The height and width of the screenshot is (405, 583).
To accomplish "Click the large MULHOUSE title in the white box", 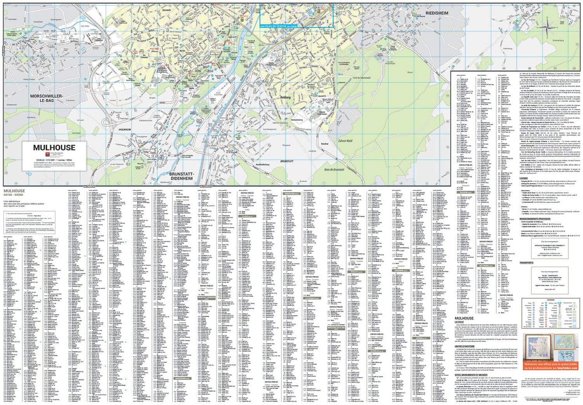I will pos(54,147).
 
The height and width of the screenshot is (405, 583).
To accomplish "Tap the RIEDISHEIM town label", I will pos(437,13).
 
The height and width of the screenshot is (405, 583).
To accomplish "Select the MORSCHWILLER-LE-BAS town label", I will pos(47,98).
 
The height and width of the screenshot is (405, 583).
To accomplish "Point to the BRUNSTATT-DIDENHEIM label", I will pos(182,176).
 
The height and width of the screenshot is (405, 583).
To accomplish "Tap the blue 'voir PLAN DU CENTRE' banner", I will pos(278,26).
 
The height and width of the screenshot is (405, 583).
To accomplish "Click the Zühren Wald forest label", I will pos(345,141).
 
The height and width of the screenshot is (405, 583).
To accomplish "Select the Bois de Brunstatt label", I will pos(334,170).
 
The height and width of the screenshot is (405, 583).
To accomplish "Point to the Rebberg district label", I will pos(285,98).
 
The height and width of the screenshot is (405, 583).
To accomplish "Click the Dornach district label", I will pos(166,10).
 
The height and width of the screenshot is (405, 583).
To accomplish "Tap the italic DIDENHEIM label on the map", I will pos(125,130).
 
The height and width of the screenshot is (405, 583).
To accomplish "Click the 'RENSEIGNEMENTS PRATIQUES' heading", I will pos(535,219).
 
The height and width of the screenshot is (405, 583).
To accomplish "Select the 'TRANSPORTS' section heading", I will pos(527,263).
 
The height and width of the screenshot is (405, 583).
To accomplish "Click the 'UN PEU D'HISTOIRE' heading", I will pos(465,346).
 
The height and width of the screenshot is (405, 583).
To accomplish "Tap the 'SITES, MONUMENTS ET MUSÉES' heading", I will pos(471,375).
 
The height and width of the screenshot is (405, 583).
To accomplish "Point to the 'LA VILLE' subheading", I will pos(459,322).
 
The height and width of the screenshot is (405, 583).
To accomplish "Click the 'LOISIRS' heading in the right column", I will pos(524,178).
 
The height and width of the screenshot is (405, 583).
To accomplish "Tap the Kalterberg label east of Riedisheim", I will pos(508,49).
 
